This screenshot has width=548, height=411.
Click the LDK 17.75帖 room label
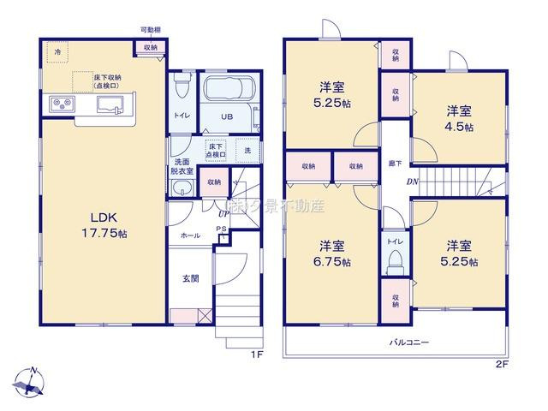(x=95, y=221)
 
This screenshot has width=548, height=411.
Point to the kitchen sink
(x=110, y=104)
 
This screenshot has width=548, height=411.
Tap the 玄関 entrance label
(x=191, y=278)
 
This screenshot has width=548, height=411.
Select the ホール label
(x=190, y=235)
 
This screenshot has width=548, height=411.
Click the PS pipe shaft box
(x=222, y=232)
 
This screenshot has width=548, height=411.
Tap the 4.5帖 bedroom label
(x=460, y=119)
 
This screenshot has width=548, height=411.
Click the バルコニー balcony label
(x=411, y=342)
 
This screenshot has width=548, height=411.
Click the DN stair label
(x=412, y=181)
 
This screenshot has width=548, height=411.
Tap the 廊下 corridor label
(x=396, y=163)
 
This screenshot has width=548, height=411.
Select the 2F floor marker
(x=502, y=363)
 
